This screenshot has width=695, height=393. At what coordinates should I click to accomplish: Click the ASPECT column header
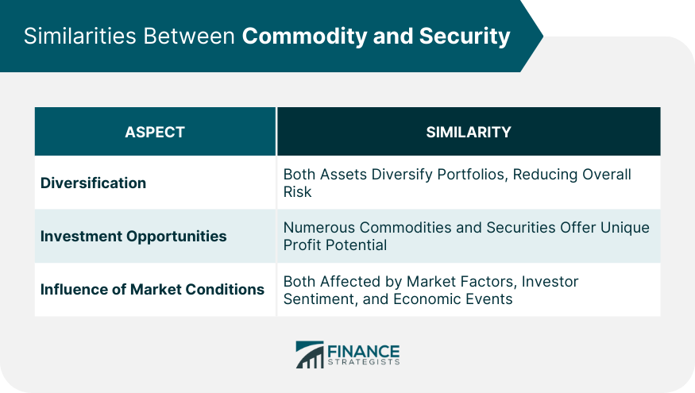(x=155, y=132)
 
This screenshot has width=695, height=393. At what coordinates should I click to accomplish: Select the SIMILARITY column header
(x=469, y=132)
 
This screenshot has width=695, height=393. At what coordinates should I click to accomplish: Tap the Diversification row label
(x=93, y=183)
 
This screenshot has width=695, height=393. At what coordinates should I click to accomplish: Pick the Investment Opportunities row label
(x=133, y=236)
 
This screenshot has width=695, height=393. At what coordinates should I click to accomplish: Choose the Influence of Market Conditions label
(x=152, y=289)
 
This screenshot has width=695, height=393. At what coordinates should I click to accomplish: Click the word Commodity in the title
(x=304, y=37)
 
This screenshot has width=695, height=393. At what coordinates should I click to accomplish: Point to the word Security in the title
(x=465, y=37)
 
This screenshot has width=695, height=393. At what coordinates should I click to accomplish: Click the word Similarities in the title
(x=79, y=36)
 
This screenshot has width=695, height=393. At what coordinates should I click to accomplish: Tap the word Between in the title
(x=189, y=36)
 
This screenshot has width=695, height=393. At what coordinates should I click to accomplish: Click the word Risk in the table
(x=297, y=192)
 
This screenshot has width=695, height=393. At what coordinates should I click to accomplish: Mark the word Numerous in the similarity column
(x=319, y=227)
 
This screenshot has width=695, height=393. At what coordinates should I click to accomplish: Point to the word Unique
(x=624, y=228)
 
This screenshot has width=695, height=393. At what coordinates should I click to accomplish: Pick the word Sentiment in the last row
(x=319, y=299)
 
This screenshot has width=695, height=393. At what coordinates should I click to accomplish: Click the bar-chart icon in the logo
(x=310, y=354)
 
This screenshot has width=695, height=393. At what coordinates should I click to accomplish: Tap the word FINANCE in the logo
(x=364, y=352)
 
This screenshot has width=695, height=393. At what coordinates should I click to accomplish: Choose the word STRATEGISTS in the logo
(x=364, y=362)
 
